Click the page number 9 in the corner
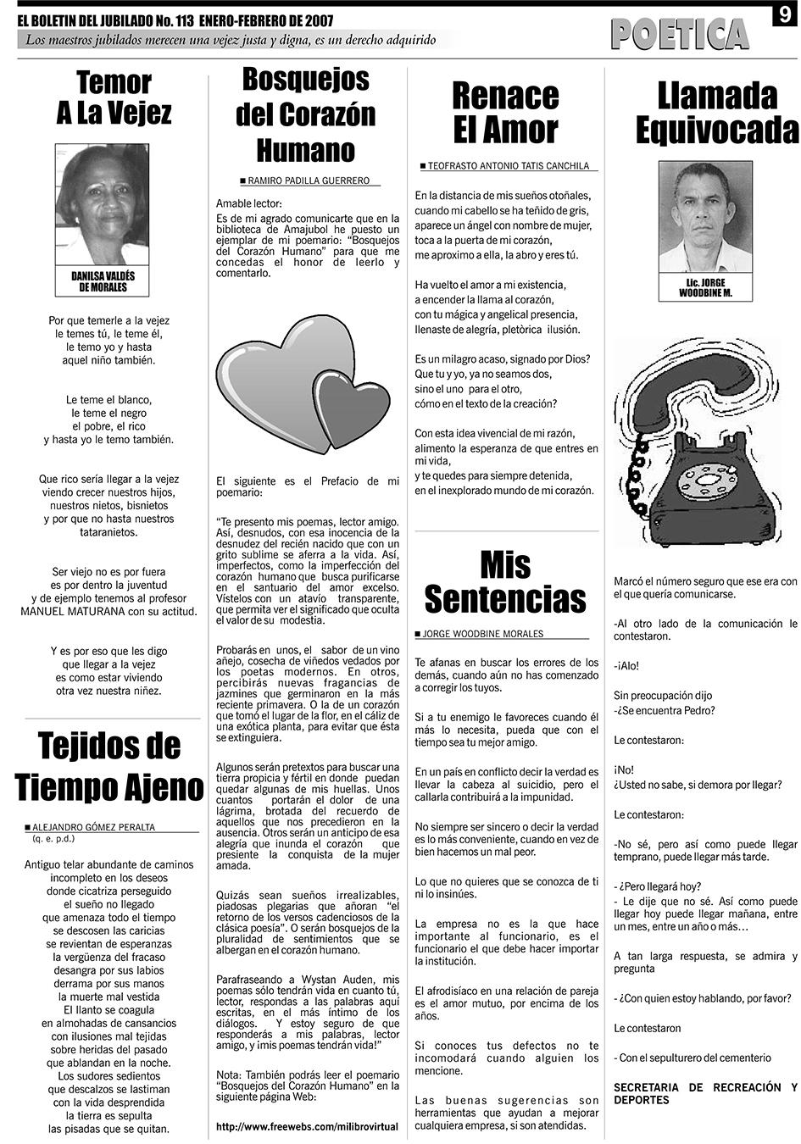[x=784, y=15]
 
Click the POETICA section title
[x=679, y=35]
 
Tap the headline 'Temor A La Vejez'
[x=114, y=98]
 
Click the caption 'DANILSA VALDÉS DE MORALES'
[x=103, y=281]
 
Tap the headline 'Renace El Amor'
[x=505, y=113]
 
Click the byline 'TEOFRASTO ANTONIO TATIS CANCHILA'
[x=508, y=166]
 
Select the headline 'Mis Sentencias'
[x=505, y=581]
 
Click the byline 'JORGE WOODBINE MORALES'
[x=483, y=634]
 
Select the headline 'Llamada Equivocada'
[x=717, y=113]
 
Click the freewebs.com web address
[x=307, y=1127]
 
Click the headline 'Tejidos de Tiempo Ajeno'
[x=109, y=766]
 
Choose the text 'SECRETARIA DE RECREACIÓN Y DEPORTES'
[x=705, y=1093]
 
